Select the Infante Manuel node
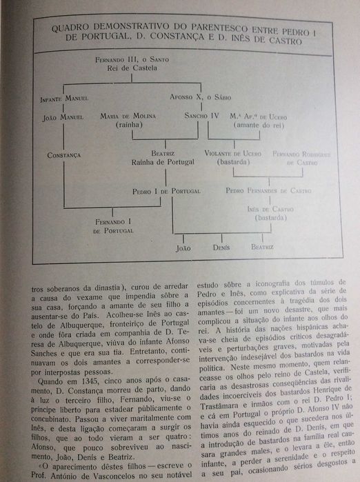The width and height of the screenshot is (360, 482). click(x=63, y=99)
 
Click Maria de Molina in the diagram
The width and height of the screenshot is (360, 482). click(x=130, y=117)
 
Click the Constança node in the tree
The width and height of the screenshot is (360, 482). click(x=63, y=155)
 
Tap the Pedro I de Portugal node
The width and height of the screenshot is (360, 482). click(x=166, y=190)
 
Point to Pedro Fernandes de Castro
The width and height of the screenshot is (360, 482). click(x=268, y=190)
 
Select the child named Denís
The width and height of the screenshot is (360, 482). click(x=221, y=246)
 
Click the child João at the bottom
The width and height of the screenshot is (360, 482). click(x=183, y=246)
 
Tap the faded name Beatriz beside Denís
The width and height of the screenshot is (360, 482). click(x=261, y=246)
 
